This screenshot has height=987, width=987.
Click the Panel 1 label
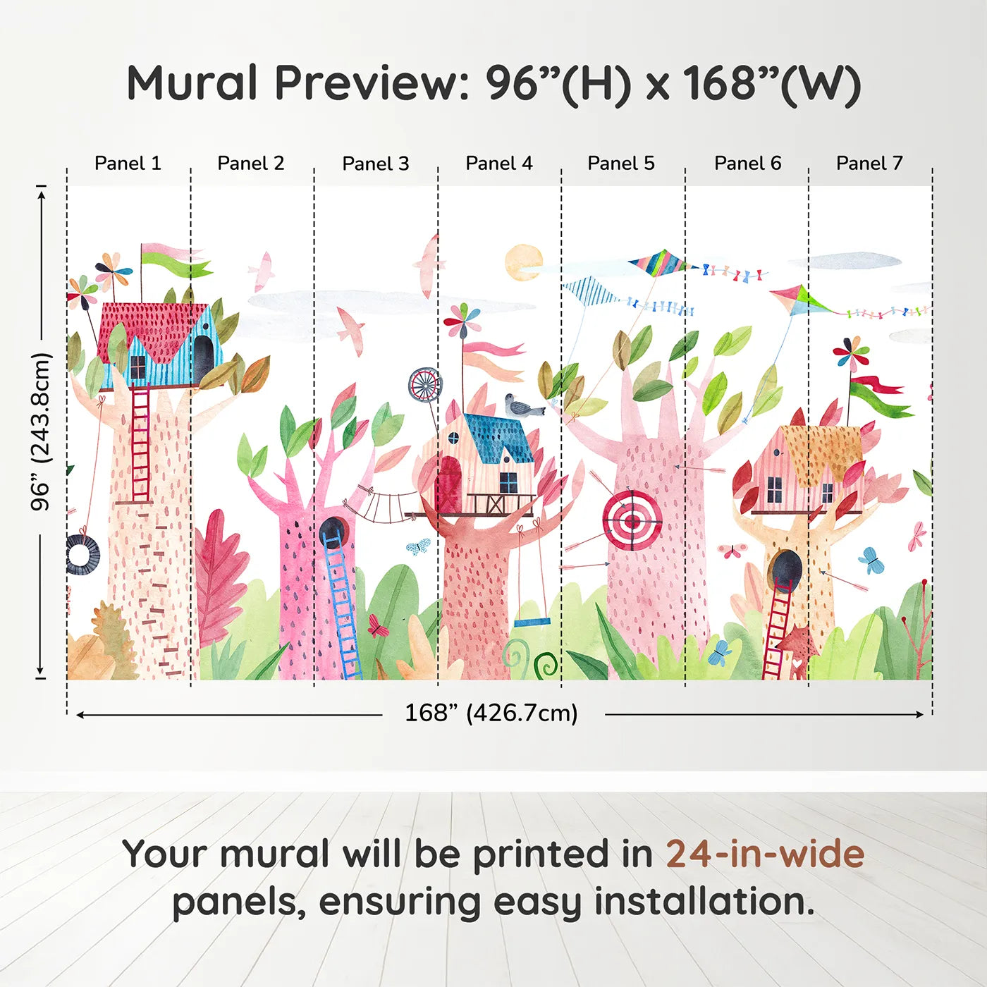point(128,164)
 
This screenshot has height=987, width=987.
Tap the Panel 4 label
point(498,164)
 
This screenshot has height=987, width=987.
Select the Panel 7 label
point(869,164)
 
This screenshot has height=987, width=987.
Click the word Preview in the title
point(367,83)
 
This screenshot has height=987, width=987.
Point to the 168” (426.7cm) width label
point(491,713)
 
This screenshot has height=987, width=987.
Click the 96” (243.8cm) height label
point(41,431)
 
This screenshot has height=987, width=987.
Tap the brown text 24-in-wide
point(765,854)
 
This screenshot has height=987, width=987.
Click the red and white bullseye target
point(632,520)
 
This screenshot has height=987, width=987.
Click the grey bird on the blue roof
point(522,406)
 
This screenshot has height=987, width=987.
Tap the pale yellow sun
point(524,263)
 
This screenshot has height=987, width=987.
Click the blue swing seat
point(532,623)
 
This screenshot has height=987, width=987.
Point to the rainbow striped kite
point(657,264)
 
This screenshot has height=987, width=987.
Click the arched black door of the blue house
point(203,357)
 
